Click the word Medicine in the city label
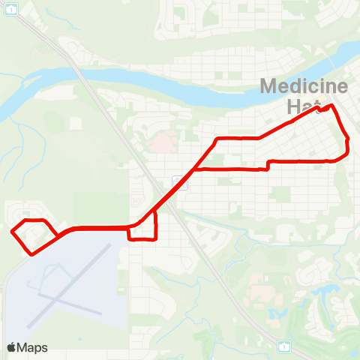tap(304, 86)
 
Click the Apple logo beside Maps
tap(12, 347)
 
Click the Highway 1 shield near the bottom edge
tap(284, 346)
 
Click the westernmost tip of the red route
tap(12, 232)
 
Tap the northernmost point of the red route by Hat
tap(331, 105)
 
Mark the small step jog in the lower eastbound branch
tap(268, 165)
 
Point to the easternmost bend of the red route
tap(349, 146)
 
